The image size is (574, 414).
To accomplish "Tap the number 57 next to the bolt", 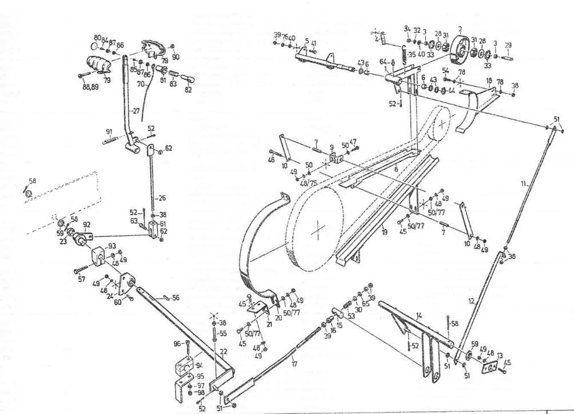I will point(81,279).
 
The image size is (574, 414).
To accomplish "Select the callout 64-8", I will point(388,62).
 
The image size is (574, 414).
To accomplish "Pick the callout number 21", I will point(269,316).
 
